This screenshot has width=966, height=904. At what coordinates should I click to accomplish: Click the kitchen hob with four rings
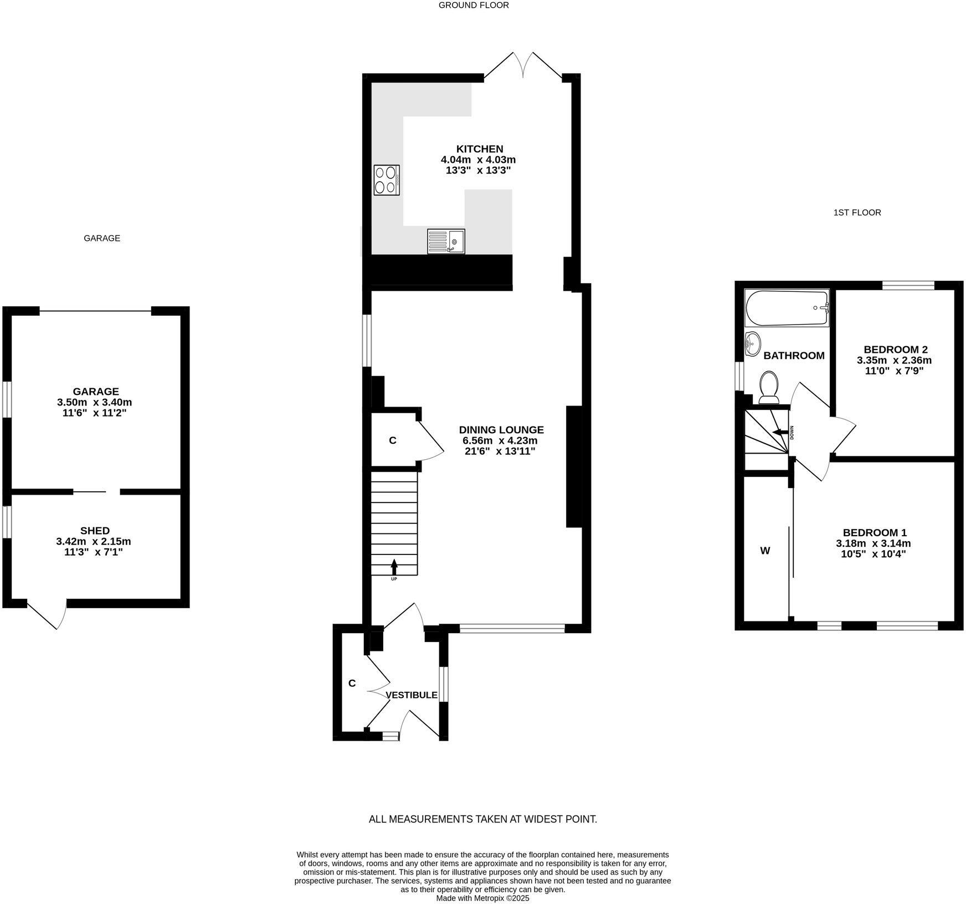click(x=387, y=180)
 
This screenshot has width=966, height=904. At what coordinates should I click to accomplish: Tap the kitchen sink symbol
click(x=446, y=242)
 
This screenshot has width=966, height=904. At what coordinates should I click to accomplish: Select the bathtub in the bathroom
click(x=787, y=308)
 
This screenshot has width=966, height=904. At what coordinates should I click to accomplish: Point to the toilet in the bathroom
click(x=769, y=387)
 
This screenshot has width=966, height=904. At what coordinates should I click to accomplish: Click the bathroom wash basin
click(x=753, y=344)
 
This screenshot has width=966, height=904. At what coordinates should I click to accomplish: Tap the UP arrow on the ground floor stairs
click(x=394, y=567)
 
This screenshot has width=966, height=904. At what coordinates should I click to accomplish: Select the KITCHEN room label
click(x=479, y=149)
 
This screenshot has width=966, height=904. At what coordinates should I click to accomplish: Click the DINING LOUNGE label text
click(x=501, y=430)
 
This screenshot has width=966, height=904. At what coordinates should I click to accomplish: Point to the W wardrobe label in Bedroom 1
click(x=765, y=551)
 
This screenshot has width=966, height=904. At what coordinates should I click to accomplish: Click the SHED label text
click(x=95, y=531)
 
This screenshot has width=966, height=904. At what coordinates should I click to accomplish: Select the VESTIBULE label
click(x=412, y=695)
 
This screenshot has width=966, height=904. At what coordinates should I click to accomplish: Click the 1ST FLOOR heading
click(x=857, y=213)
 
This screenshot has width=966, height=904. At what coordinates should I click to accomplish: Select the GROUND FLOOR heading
click(x=474, y=6)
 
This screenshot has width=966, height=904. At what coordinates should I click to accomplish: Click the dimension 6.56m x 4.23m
click(x=500, y=441)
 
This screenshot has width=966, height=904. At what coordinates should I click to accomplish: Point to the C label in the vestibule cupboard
click(x=352, y=684)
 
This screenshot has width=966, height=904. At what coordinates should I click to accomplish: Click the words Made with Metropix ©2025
click(x=482, y=898)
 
